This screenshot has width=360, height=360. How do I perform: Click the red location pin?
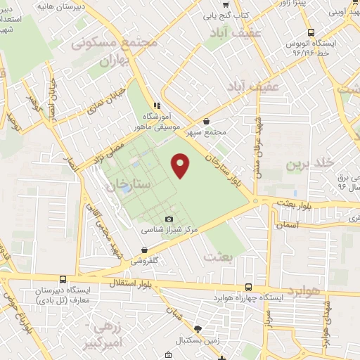click(181, 165)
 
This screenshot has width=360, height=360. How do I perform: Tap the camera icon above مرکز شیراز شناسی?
click(169, 219)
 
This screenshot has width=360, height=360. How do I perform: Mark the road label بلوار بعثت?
click(297, 202)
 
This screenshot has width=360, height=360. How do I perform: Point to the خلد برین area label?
click(308, 164)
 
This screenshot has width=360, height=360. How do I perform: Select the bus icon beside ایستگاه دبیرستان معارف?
click(64, 279)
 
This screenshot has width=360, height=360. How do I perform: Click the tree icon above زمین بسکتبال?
click(198, 329)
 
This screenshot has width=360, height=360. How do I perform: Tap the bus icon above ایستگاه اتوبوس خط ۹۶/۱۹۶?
click(311, 32)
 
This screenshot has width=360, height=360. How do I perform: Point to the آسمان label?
click(289, 225)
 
